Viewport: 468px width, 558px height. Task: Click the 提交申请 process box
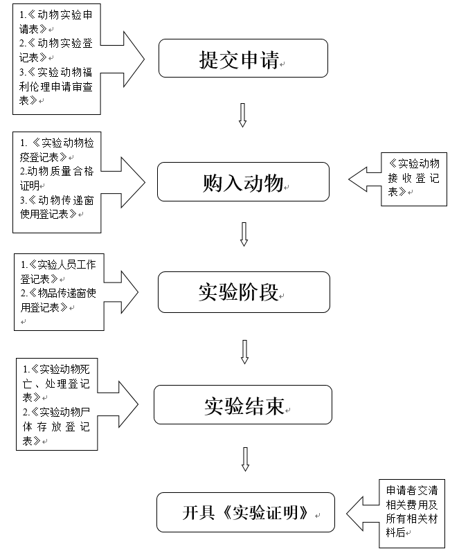point(242,58)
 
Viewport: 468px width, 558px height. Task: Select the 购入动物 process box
point(243,182)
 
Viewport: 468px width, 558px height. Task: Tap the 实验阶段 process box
point(244,292)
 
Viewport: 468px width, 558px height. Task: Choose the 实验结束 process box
point(242,405)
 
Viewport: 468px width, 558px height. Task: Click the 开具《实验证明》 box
point(245,512)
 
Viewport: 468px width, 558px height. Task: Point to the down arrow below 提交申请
point(242,115)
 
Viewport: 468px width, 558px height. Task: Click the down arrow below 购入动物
point(244,234)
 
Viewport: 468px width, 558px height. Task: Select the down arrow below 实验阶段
point(244,351)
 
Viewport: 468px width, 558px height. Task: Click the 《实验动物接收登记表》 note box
point(413,177)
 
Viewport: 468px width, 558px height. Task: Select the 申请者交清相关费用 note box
point(411,512)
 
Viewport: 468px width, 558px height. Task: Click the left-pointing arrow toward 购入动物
point(364,179)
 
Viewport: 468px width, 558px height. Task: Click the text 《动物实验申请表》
point(55,22)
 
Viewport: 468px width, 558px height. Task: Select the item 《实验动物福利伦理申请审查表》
point(55,86)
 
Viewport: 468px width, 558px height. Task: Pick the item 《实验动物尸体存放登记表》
point(55,426)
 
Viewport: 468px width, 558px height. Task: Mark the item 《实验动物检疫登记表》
point(55,149)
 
